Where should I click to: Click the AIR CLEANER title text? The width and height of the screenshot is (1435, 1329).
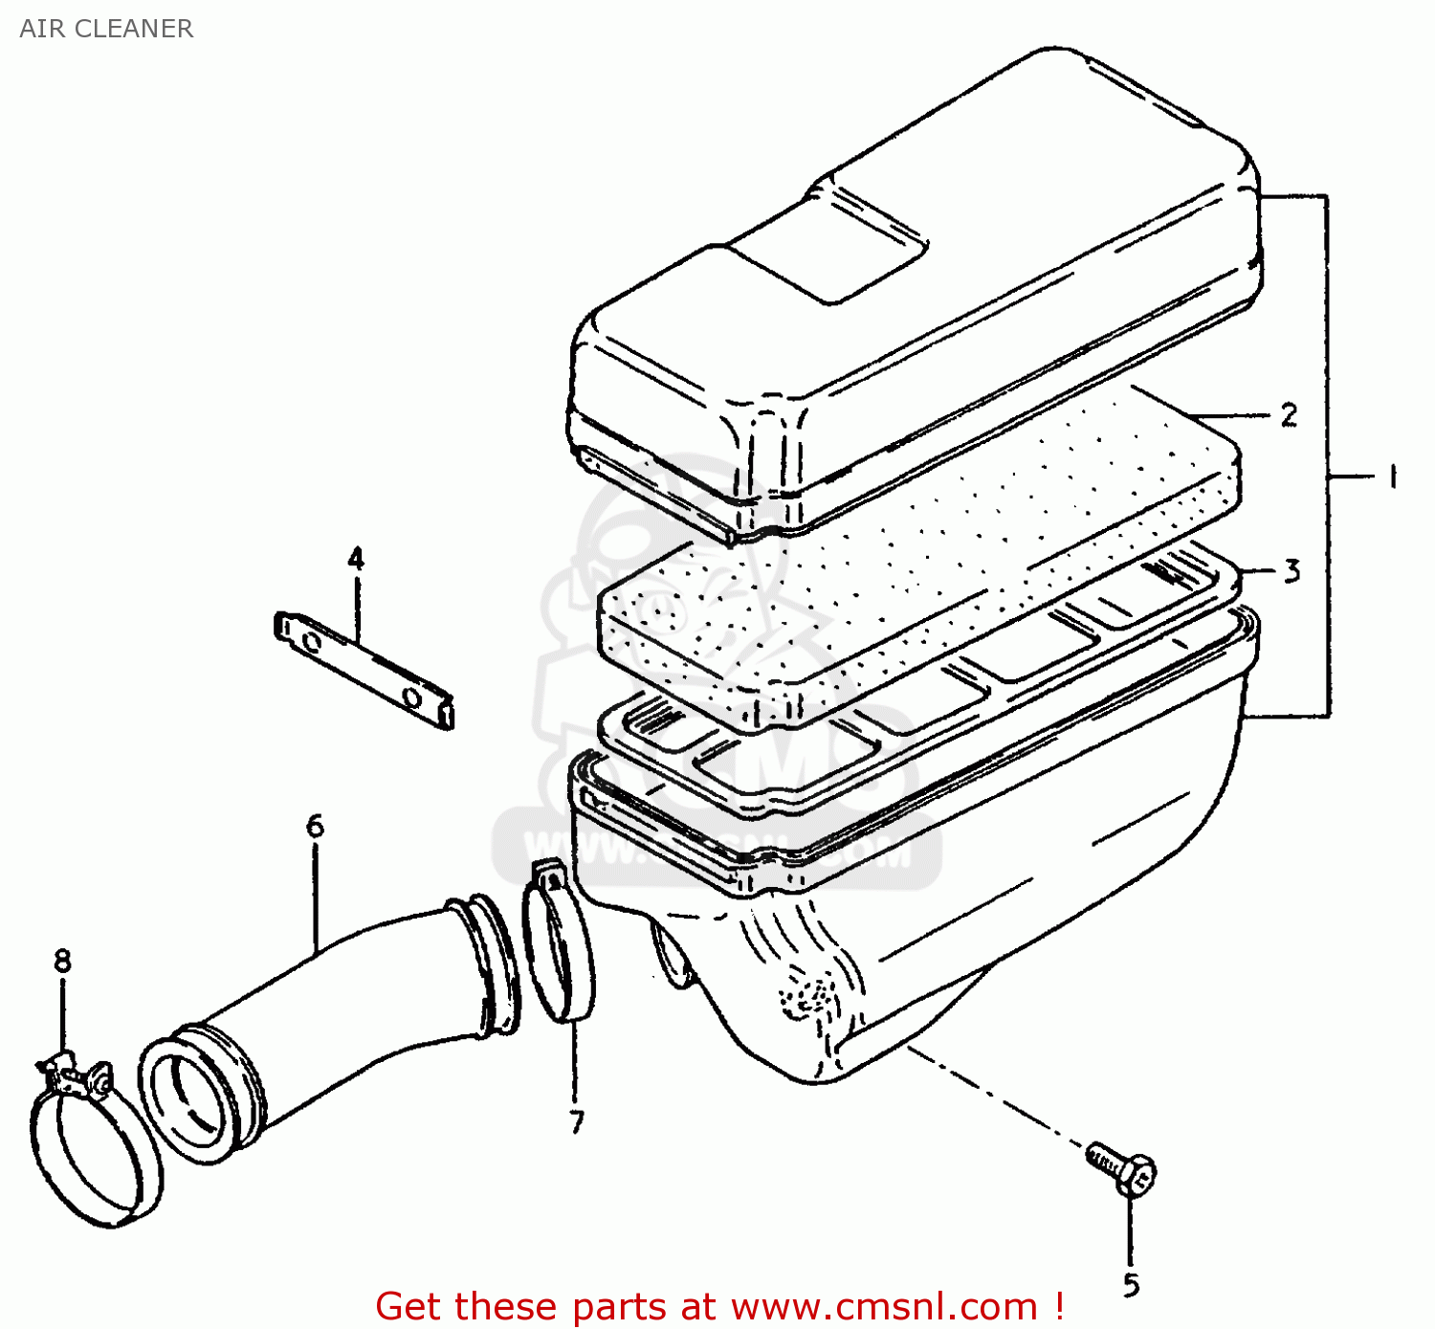click(106, 29)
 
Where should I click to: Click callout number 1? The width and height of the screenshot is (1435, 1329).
click(1392, 476)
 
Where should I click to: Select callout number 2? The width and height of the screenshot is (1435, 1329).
click(1289, 415)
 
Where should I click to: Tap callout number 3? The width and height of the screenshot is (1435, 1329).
click(1291, 571)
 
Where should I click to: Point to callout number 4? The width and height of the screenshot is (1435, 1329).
click(356, 559)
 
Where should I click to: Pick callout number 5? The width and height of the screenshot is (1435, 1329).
click(1131, 1285)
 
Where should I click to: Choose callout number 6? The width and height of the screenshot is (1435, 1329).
click(315, 826)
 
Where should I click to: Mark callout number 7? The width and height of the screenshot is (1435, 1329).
click(576, 1121)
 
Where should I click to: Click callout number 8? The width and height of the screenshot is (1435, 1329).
click(62, 960)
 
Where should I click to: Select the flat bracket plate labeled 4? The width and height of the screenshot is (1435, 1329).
click(364, 670)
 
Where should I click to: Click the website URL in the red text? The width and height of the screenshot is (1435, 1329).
click(885, 1306)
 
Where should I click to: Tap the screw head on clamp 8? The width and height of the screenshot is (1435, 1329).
click(99, 1081)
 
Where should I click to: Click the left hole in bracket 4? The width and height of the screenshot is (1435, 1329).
click(310, 640)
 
